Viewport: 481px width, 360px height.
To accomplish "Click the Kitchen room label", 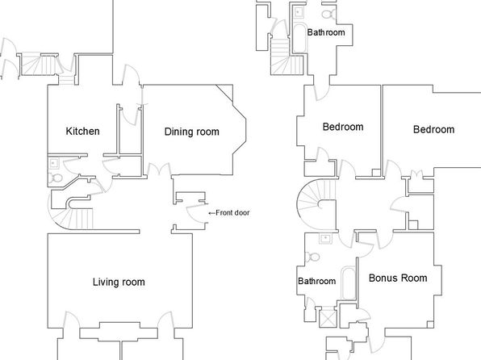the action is tap(82, 132).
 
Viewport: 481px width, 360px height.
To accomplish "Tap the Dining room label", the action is tap(192, 132).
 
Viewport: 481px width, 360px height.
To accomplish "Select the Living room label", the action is tap(119, 282).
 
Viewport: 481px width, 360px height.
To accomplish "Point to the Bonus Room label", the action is tap(398, 278).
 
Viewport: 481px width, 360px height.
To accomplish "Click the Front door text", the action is tap(232, 212).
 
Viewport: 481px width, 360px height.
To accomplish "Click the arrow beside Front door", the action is tap(211, 213).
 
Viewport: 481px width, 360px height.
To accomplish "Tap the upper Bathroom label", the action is tap(326, 32).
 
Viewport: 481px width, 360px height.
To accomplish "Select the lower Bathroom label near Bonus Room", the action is tap(317, 281).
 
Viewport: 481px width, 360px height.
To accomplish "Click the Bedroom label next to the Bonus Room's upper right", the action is tap(433, 129).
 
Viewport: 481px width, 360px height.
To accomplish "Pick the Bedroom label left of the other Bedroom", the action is tap(343, 127).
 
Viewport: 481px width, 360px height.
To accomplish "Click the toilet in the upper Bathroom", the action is tap(328, 14).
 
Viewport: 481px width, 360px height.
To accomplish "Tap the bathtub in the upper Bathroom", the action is tap(300, 39).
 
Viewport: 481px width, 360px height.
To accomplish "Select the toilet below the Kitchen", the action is tap(56, 178).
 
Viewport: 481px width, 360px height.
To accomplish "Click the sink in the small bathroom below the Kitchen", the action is tap(54, 163).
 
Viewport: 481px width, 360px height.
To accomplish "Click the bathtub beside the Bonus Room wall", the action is tap(349, 283).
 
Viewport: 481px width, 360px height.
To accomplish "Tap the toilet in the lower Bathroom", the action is tap(312, 257).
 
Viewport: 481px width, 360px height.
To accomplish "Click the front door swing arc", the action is tap(195, 215).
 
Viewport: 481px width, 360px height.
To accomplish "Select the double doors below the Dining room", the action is tap(159, 170).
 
